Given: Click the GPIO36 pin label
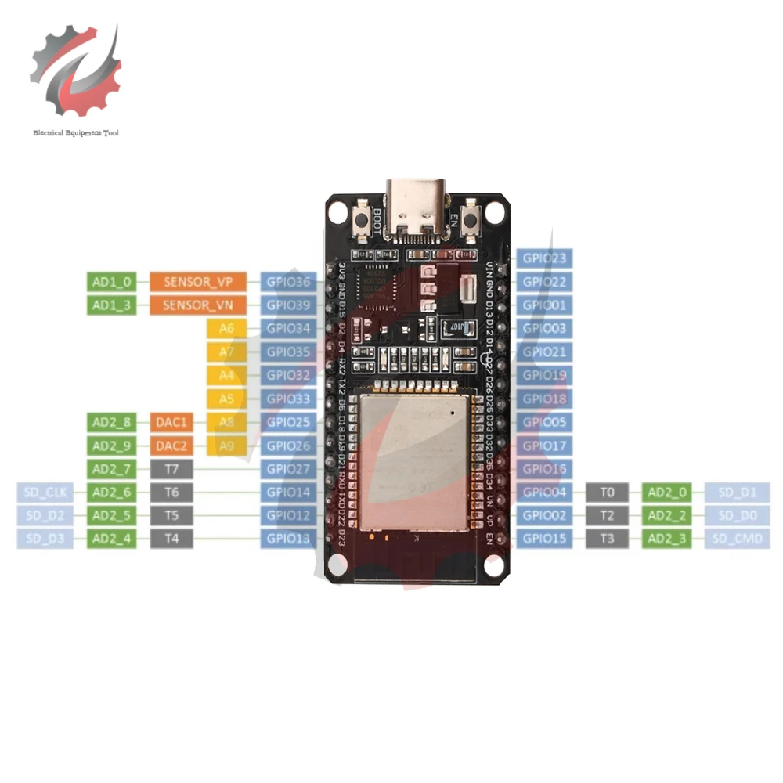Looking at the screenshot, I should (288, 282).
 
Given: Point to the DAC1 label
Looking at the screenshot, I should (171, 423).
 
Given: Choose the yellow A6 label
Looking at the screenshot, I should (227, 329).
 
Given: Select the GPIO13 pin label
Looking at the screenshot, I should (288, 539).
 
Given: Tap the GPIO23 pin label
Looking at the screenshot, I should (545, 258).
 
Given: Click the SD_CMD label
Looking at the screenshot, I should (737, 539).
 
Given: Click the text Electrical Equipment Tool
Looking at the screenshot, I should (75, 134).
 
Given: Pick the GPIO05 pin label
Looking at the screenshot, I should (545, 423).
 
